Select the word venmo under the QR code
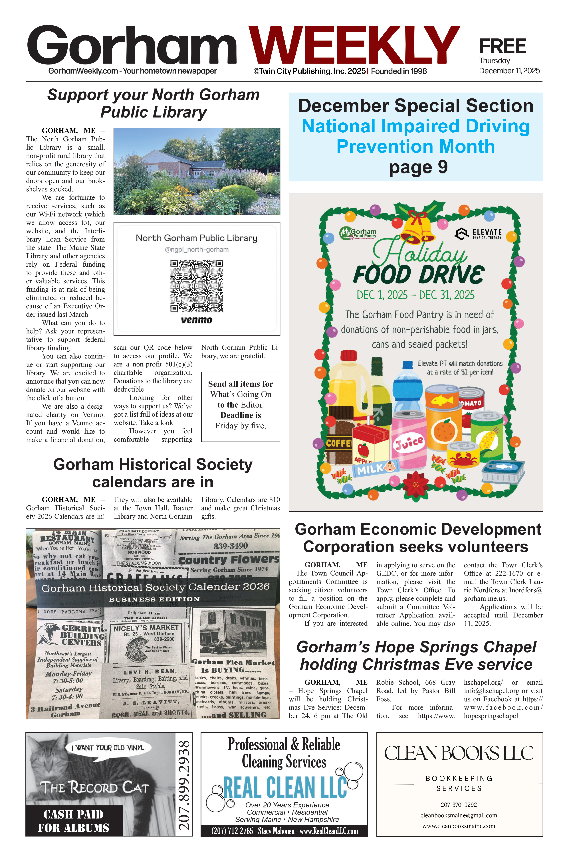pos(196,320)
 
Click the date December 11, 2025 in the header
pos(509,71)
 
